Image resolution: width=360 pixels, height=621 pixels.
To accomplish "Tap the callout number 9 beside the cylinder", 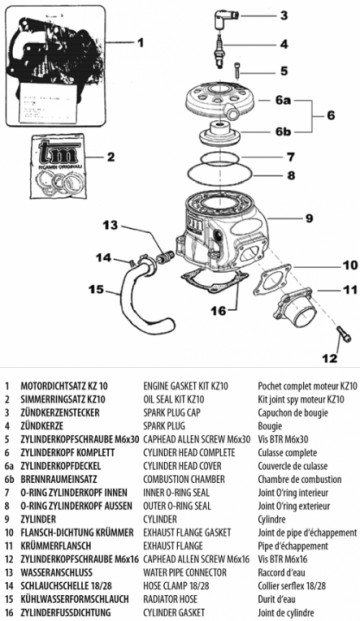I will [x=309, y=217].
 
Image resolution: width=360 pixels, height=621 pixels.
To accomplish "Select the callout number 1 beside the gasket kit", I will [x=140, y=43].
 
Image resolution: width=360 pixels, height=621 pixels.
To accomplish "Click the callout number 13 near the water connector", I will [x=112, y=225].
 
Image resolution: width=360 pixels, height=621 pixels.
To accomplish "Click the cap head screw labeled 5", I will [x=238, y=69].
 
